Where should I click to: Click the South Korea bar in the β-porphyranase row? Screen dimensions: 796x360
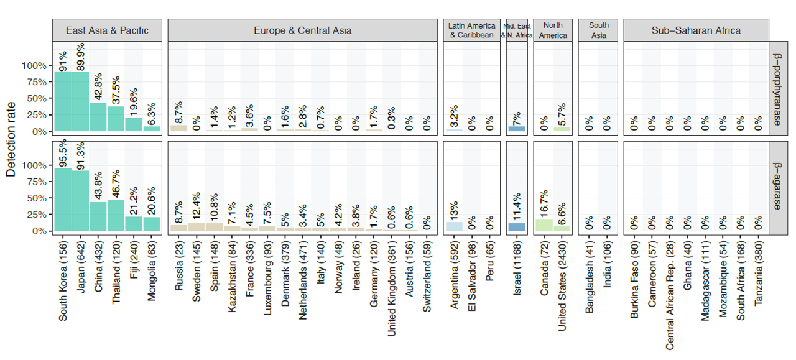63,101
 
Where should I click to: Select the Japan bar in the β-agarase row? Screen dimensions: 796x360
81,201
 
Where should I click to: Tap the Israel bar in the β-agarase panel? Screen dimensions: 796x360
517,227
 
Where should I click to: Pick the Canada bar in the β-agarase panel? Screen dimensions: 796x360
544,225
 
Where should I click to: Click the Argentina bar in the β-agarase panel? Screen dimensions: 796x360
455,227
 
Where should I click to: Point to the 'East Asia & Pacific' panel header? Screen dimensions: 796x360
107,30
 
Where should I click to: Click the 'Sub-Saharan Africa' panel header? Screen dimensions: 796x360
696,30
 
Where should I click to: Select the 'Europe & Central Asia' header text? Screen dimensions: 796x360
303,30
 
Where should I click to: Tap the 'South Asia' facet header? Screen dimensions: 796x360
599,30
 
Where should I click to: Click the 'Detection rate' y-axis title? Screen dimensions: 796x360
11,139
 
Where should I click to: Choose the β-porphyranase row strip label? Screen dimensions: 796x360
777,89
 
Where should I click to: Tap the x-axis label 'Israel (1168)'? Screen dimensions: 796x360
517,269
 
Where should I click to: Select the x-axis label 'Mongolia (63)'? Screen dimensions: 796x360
152,271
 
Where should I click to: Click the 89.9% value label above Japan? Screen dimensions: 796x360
81,57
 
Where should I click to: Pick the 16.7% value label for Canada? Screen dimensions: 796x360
544,204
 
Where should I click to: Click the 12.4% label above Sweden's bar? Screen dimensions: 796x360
197,206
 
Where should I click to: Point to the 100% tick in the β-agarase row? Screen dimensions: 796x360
34,165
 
